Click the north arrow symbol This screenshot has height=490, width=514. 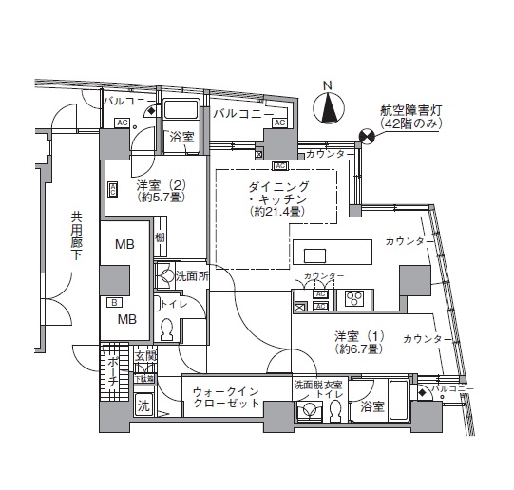pos(329,110)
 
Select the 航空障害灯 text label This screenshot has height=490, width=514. pos(410,110)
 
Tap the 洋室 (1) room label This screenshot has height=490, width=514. pos(357,336)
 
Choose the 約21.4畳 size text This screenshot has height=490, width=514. pos(276,214)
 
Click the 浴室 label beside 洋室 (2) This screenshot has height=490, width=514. pos(181,138)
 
